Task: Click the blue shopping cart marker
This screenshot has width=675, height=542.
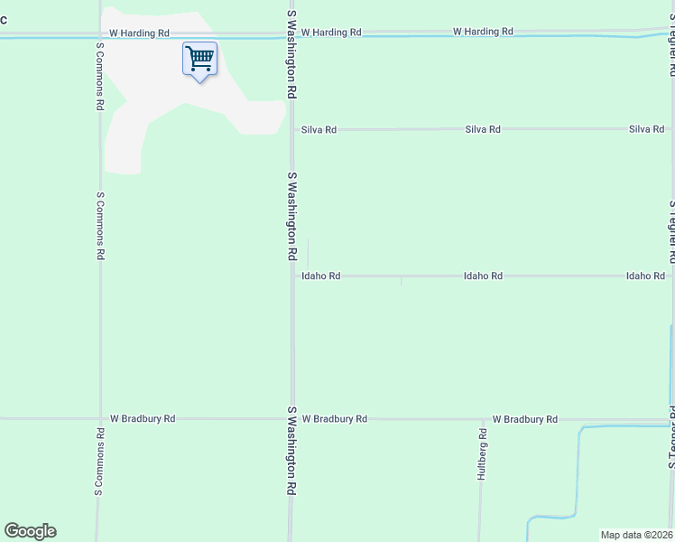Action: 199,60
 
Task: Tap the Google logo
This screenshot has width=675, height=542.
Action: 30,531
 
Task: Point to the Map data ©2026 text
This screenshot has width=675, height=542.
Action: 637,535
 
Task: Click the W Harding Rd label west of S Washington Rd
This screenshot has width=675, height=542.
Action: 139,33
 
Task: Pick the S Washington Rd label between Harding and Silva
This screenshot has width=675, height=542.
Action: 291,55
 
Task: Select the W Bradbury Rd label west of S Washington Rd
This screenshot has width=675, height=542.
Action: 143,419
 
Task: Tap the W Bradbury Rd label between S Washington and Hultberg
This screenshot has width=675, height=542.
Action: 335,419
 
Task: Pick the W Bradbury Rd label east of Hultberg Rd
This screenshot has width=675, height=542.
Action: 525,419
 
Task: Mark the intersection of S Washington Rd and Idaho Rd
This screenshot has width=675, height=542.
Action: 291,276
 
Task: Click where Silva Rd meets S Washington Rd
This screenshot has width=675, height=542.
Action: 291,130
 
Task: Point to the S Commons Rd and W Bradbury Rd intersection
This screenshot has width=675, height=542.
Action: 97,419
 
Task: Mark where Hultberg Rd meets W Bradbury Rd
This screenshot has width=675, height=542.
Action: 480,420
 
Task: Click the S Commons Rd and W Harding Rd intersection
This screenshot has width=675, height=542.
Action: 97,37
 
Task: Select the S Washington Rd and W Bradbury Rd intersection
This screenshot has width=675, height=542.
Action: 291,419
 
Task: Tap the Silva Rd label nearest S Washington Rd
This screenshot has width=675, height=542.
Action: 319,130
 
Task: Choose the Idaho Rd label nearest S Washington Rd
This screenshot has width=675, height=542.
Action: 321,276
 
